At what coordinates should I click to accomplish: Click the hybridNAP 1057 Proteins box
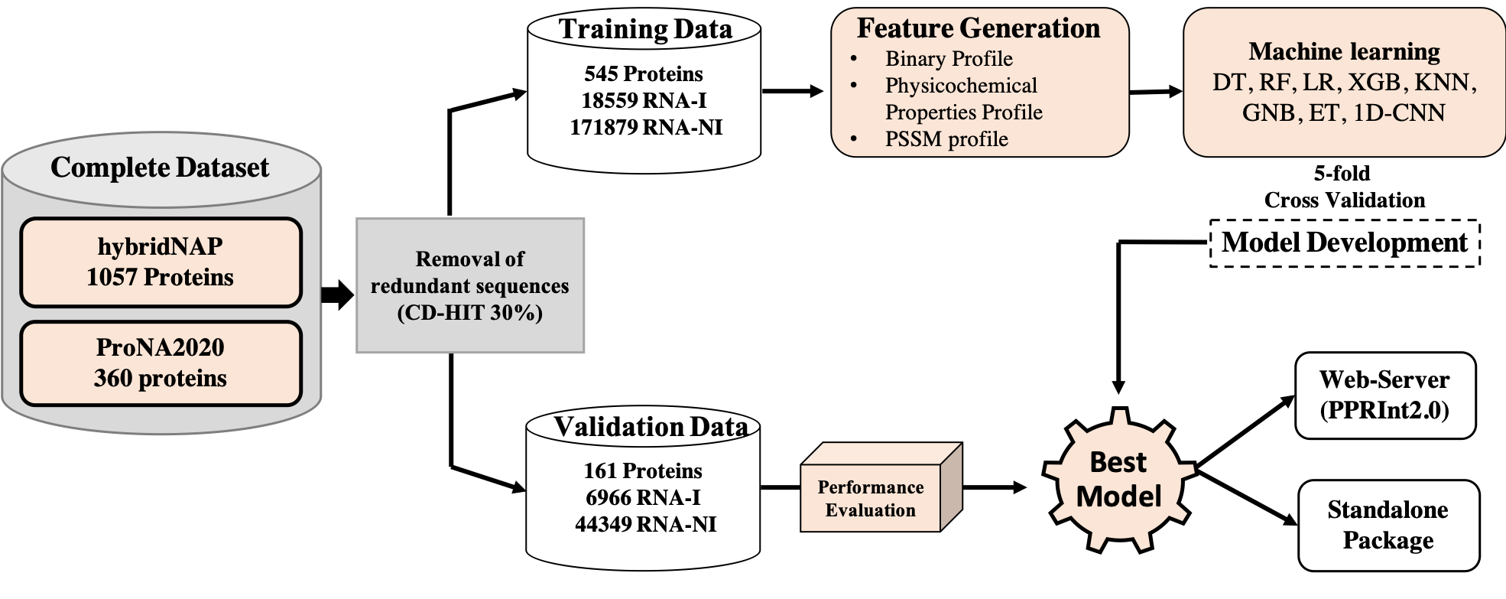(161, 262)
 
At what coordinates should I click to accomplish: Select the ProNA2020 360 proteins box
(161, 363)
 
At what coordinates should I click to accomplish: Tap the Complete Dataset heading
(160, 168)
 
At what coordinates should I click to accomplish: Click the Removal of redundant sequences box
(470, 285)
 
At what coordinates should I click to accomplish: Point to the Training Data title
(645, 29)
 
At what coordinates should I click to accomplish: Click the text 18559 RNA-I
(644, 100)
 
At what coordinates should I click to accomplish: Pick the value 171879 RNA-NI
(645, 127)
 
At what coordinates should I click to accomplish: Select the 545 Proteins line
(644, 73)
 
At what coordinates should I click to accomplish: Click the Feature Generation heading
(979, 28)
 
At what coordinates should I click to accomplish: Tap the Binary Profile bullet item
(949, 59)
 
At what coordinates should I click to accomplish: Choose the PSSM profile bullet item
(946, 139)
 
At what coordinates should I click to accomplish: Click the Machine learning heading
(1344, 51)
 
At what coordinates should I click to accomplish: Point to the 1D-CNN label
(1399, 113)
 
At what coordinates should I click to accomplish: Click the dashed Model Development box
(1345, 243)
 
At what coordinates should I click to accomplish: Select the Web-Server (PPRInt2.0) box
(1385, 395)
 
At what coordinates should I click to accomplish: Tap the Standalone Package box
(1388, 525)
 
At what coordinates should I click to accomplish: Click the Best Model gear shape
(1118, 480)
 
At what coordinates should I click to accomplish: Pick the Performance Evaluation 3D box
(871, 498)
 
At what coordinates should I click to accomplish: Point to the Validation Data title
(651, 426)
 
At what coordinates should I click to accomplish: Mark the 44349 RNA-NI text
(645, 524)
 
